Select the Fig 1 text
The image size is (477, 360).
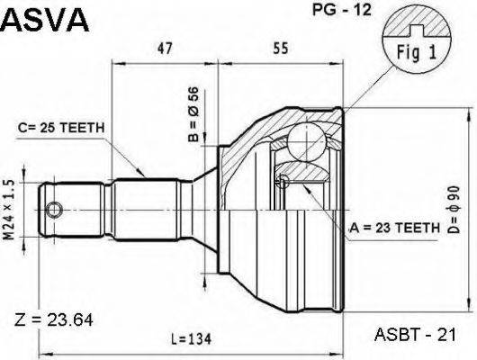(x=415, y=53)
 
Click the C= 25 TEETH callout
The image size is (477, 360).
(x=62, y=128)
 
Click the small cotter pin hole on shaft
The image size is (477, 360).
(x=55, y=211)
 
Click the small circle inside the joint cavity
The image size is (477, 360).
(x=284, y=183)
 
